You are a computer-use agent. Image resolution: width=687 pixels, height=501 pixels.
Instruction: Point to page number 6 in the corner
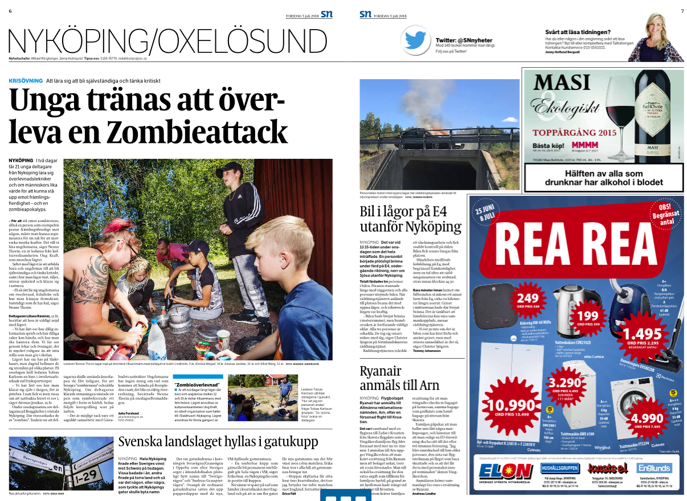click(x=10, y=11)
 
